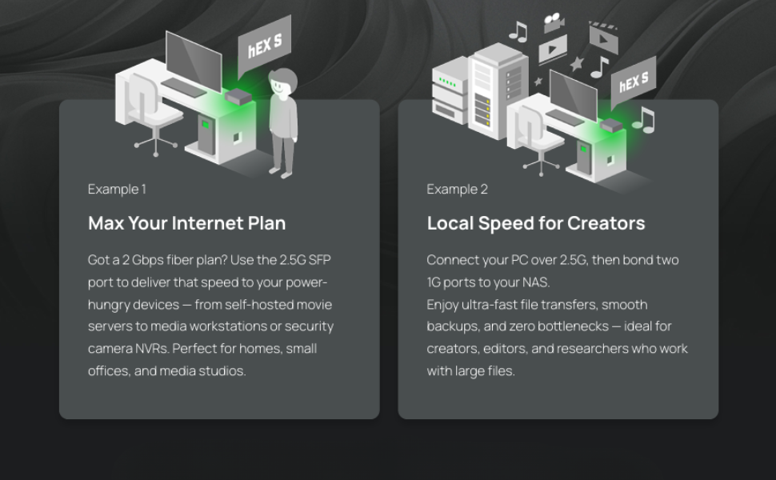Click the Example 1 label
[117, 190]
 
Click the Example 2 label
[458, 190]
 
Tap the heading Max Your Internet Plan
[187, 223]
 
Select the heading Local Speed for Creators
[536, 223]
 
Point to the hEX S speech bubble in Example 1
[264, 45]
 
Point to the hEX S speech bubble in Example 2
[634, 82]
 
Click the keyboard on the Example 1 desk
[184, 87]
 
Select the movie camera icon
[554, 22]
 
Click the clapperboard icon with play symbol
[604, 37]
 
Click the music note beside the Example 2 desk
[643, 120]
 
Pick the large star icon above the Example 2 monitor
[577, 64]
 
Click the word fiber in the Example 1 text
[180, 260]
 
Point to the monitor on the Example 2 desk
[573, 94]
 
